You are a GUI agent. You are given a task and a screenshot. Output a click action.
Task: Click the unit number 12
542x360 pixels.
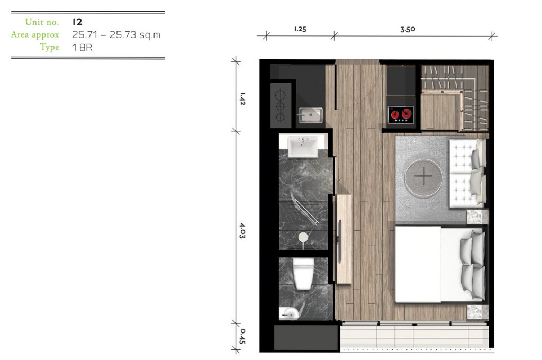coord(77,22)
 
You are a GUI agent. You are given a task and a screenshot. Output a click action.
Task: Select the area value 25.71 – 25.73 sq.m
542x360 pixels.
coord(116,35)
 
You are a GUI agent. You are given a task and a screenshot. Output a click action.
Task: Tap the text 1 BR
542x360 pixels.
coord(83,47)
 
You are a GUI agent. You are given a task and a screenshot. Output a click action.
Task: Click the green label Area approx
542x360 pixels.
coord(35,35)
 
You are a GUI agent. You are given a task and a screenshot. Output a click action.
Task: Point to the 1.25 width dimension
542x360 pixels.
coord(300,29)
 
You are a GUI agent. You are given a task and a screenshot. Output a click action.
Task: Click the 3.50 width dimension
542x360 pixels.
coord(408,29)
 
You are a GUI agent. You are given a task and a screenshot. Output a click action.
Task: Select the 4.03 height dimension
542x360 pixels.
coord(242,231)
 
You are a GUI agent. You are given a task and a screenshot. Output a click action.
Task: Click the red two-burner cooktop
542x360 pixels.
coord(400,114)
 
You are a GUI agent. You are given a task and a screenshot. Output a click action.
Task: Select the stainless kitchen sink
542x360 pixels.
coord(310,115)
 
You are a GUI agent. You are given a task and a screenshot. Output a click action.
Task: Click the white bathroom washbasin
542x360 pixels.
coord(303,145)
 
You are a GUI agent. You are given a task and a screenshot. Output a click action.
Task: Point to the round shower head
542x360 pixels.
coord(303,238)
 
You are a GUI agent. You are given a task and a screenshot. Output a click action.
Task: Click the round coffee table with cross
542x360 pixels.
coord(423,176)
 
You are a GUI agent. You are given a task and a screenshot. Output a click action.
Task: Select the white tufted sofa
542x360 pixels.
coord(467,172)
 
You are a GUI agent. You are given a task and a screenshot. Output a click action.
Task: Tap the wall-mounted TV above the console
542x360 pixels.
coord(339,232)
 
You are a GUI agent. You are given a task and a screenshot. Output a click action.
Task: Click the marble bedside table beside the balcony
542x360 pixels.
coord(476,313)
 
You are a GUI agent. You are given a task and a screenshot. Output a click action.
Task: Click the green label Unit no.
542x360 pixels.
coord(42,22)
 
